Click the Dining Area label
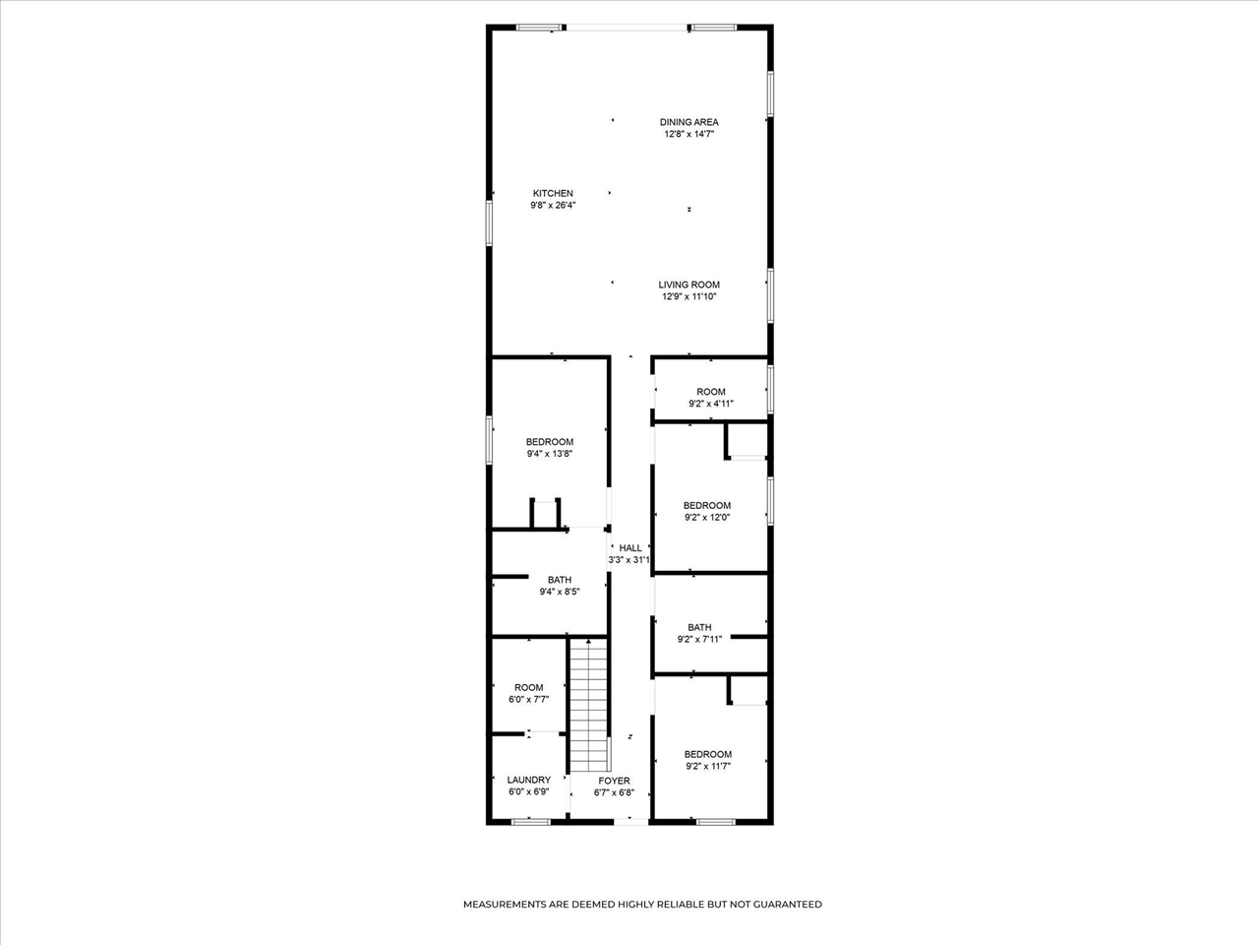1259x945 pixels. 689,122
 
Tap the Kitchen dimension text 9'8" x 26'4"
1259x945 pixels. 553,205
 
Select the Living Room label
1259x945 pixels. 689,284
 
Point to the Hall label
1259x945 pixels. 630,548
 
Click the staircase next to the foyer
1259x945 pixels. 588,706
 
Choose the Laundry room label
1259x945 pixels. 529,780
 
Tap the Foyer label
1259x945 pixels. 615,781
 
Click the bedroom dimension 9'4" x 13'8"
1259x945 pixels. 550,454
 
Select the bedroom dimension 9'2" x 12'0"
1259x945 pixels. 707,517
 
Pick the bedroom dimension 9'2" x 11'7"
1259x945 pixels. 708,766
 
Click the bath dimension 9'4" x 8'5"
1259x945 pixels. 560,592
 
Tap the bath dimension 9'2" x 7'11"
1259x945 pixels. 699,639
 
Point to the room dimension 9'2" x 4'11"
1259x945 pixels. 711,404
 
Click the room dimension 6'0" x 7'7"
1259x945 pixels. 529,700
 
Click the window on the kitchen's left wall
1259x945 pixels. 489,223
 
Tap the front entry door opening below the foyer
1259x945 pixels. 630,822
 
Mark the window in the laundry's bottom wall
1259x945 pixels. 530,822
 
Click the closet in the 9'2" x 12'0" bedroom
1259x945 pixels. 748,441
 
